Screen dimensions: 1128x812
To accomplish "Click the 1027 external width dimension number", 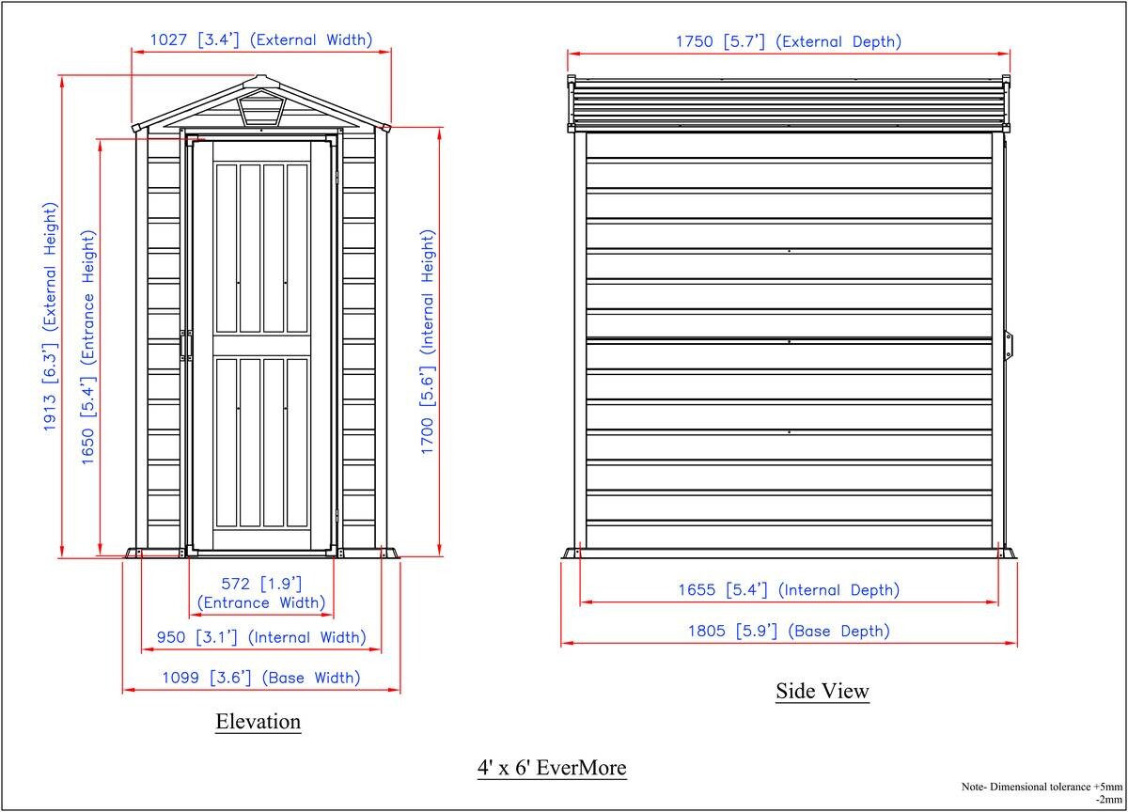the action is [168, 39].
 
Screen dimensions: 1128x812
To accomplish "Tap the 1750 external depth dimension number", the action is [694, 41].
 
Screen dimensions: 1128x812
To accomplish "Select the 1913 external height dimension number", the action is [50, 414].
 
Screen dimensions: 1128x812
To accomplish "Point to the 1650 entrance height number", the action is [88, 446].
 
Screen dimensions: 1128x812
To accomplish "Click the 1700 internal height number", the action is [427, 436].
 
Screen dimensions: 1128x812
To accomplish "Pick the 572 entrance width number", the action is [236, 584].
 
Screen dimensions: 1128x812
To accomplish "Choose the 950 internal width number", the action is [171, 637].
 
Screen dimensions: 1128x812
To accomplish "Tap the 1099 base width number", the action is [180, 678].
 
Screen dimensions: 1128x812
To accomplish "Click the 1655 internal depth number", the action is [697, 590].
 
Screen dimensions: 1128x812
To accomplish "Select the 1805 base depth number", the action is [707, 632].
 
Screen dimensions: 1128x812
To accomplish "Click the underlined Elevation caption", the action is [258, 722].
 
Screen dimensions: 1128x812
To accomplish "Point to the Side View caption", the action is [822, 691].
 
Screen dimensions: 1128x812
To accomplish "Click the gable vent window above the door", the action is [261, 108].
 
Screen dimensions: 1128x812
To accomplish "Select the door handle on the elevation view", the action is [185, 345].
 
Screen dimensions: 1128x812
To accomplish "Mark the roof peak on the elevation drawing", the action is [260, 76].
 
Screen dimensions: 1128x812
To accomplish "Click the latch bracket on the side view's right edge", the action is [1009, 346].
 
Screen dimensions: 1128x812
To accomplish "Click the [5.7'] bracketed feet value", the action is [744, 41].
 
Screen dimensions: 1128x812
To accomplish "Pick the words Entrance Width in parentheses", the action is [261, 602].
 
